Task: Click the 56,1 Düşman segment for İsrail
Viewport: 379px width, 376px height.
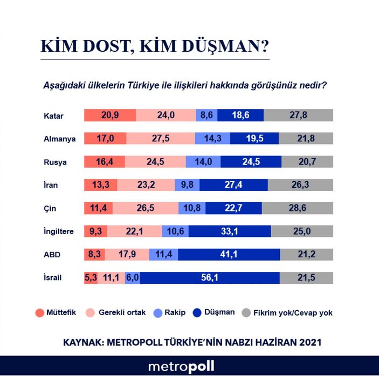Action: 210,277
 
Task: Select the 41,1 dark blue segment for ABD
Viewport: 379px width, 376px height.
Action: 224,254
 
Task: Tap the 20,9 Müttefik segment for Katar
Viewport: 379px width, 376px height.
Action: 110,115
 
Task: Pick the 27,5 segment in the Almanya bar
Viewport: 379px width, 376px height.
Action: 161,138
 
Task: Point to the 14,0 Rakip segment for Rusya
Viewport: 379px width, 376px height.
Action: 203,161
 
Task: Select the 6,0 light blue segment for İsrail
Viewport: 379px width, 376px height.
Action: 132,277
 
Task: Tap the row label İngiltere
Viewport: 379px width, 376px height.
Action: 59,231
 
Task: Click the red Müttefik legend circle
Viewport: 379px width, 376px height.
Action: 39,312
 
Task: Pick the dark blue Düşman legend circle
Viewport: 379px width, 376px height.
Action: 197,312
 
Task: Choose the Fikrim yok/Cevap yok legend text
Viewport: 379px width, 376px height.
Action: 295,312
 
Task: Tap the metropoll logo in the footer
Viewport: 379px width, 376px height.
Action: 181,366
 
